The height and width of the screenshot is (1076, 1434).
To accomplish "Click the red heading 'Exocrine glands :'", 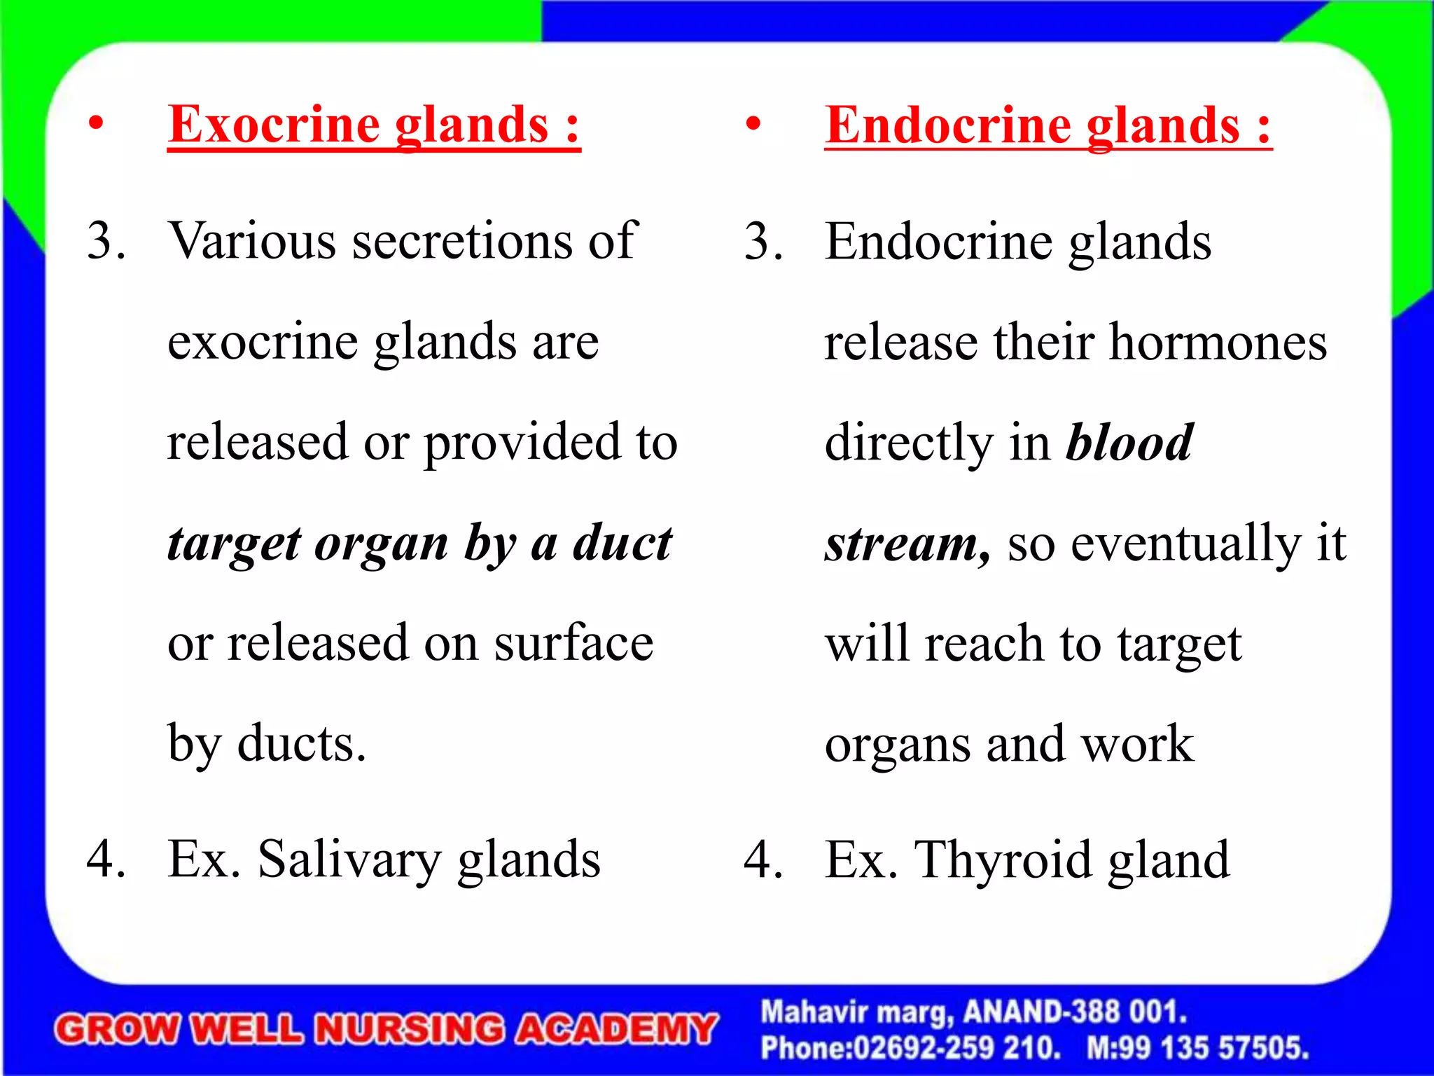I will [374, 125].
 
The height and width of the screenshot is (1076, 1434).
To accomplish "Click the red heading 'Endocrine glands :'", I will [1047, 126].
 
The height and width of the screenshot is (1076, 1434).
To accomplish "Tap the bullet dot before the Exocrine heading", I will [96, 124].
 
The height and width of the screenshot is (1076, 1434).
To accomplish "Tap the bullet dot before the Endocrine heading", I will [753, 125].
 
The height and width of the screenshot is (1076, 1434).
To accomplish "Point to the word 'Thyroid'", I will [1003, 860].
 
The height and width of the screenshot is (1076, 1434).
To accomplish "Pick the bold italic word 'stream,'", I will [907, 544].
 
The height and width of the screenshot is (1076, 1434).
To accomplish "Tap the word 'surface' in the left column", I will [573, 643].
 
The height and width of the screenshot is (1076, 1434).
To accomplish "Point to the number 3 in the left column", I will [106, 241].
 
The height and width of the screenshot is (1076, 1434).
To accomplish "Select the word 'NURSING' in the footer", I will [409, 1030].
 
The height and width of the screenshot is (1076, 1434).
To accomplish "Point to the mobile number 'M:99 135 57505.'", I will [1197, 1048].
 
